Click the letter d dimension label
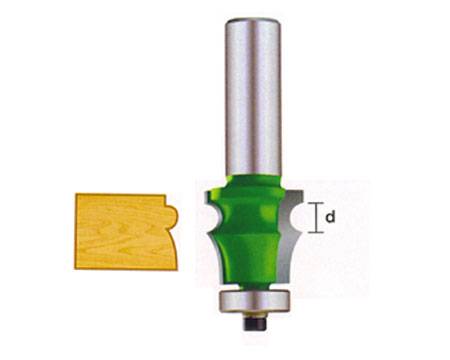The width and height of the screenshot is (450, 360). (330, 217)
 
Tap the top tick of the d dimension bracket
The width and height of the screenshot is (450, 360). (315, 203)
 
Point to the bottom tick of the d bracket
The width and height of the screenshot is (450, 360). (315, 232)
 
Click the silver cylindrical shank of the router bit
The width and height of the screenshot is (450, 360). (253, 97)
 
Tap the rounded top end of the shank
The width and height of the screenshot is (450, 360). (253, 21)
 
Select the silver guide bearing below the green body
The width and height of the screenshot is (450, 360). (253, 301)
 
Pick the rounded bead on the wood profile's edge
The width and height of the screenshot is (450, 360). (172, 217)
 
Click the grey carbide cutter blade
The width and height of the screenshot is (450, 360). (289, 233)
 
